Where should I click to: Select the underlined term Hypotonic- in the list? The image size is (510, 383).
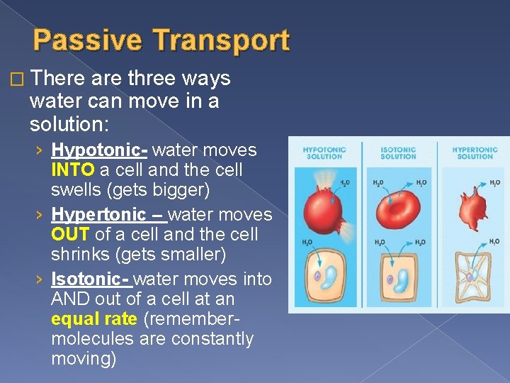(x=99, y=150)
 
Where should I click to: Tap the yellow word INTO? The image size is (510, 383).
(x=73, y=170)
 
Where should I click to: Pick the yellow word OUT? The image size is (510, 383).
(x=69, y=234)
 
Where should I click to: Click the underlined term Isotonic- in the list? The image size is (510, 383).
(x=91, y=278)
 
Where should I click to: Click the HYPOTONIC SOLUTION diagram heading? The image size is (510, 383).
(x=324, y=153)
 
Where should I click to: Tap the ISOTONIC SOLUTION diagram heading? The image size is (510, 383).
(x=398, y=153)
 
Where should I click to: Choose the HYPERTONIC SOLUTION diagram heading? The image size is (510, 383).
(x=474, y=153)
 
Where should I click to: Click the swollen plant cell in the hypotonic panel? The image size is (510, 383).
(x=324, y=277)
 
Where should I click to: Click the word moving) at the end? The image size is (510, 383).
(x=84, y=359)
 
